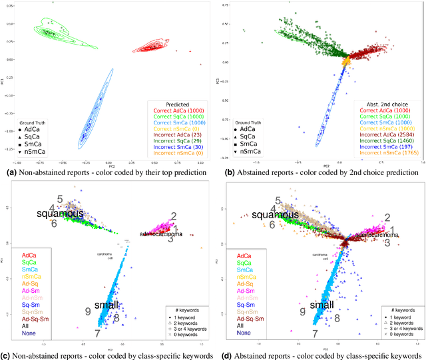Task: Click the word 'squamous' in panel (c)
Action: (61, 214)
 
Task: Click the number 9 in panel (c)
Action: (88, 311)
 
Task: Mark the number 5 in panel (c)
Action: (60, 199)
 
